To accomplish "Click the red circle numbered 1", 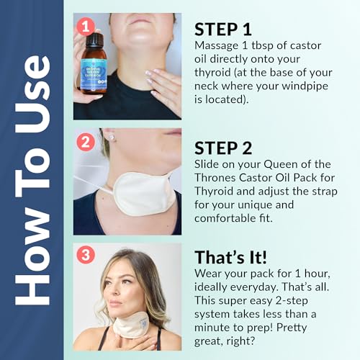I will click(x=85, y=27).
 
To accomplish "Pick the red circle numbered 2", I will click(x=85, y=141).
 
